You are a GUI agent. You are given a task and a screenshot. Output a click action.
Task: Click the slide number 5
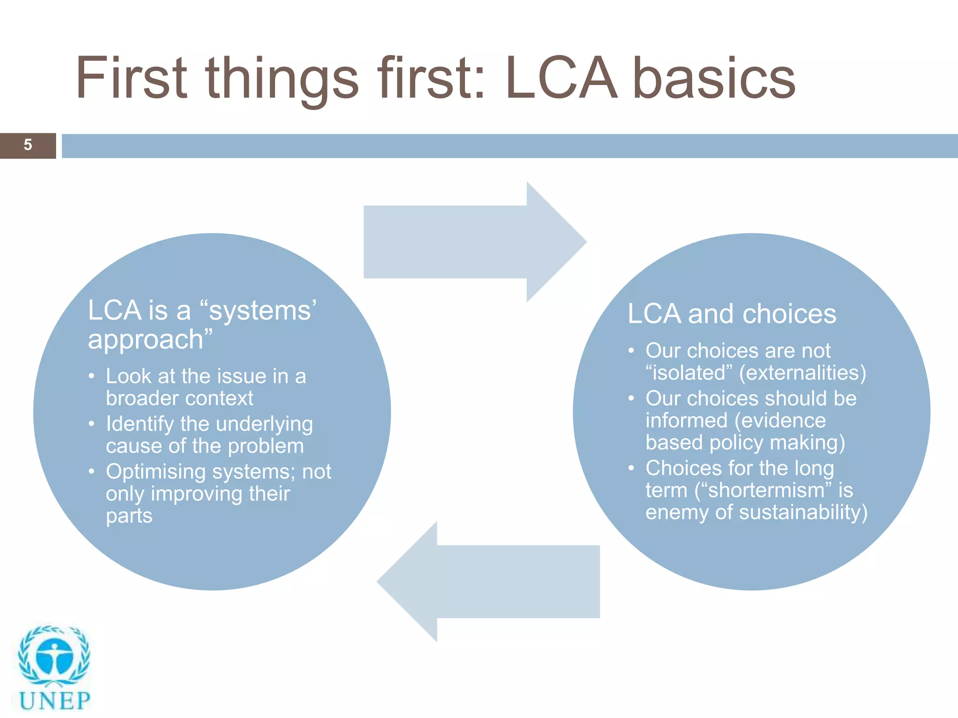point(28,145)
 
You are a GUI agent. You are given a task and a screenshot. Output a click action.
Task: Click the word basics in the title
point(714,79)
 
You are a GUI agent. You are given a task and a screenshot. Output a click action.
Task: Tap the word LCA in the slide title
point(560,79)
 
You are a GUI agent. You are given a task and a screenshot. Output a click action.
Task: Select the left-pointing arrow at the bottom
point(489,581)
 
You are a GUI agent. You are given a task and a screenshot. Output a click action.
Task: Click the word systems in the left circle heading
point(260,311)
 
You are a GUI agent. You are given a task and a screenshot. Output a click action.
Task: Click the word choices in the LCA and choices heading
point(789,314)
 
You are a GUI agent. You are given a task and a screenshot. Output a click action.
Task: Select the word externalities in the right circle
point(803,373)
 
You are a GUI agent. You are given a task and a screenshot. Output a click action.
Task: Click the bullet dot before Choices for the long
point(631,468)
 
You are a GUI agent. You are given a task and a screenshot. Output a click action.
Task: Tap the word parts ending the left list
point(129,516)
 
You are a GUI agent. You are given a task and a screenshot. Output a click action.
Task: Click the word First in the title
point(131,79)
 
